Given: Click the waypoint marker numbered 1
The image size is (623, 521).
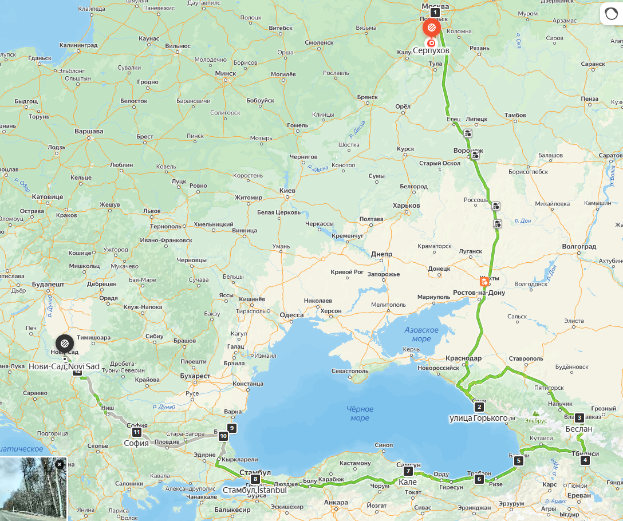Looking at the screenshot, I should point(435,12).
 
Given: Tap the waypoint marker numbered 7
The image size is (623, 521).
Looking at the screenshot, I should point(408,471).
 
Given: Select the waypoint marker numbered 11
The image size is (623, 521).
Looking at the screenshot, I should point(137,432).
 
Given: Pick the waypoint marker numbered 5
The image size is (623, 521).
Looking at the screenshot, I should point(519,460).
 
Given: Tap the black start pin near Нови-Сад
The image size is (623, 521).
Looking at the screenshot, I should point(64,343).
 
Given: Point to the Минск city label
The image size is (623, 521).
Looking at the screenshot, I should point(226,73).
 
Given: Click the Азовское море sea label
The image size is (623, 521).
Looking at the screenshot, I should point(421,334).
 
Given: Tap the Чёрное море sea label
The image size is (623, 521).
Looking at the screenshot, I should point(360,413).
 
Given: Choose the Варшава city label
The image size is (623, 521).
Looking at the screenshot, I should point(89,131).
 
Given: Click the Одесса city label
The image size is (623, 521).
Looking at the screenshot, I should point(291,315).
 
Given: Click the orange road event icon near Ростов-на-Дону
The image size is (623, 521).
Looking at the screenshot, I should point(484,281).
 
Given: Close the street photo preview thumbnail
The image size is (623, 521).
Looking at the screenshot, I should point(60,464).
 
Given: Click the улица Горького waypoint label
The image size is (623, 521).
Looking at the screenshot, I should point(479,418).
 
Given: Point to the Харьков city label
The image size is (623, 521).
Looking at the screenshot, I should point(407,206).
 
